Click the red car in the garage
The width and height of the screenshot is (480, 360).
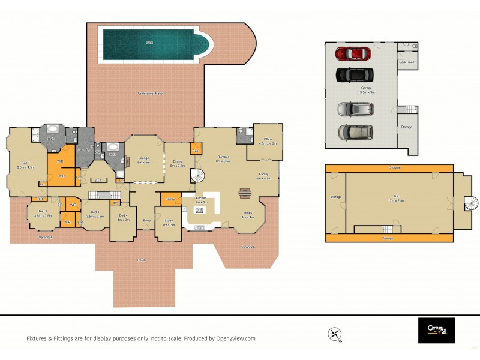355,53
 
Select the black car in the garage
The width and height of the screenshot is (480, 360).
355,75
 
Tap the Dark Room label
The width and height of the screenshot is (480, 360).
407,62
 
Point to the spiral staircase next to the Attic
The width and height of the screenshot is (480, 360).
472,203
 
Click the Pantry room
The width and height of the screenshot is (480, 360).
170,199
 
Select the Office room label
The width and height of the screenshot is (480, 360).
267,142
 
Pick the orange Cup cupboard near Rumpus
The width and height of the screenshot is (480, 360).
195,149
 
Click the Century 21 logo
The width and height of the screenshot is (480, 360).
436,331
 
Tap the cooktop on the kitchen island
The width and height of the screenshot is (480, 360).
199,211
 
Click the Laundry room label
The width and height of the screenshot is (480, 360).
84,149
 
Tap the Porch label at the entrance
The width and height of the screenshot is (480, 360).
142,260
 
